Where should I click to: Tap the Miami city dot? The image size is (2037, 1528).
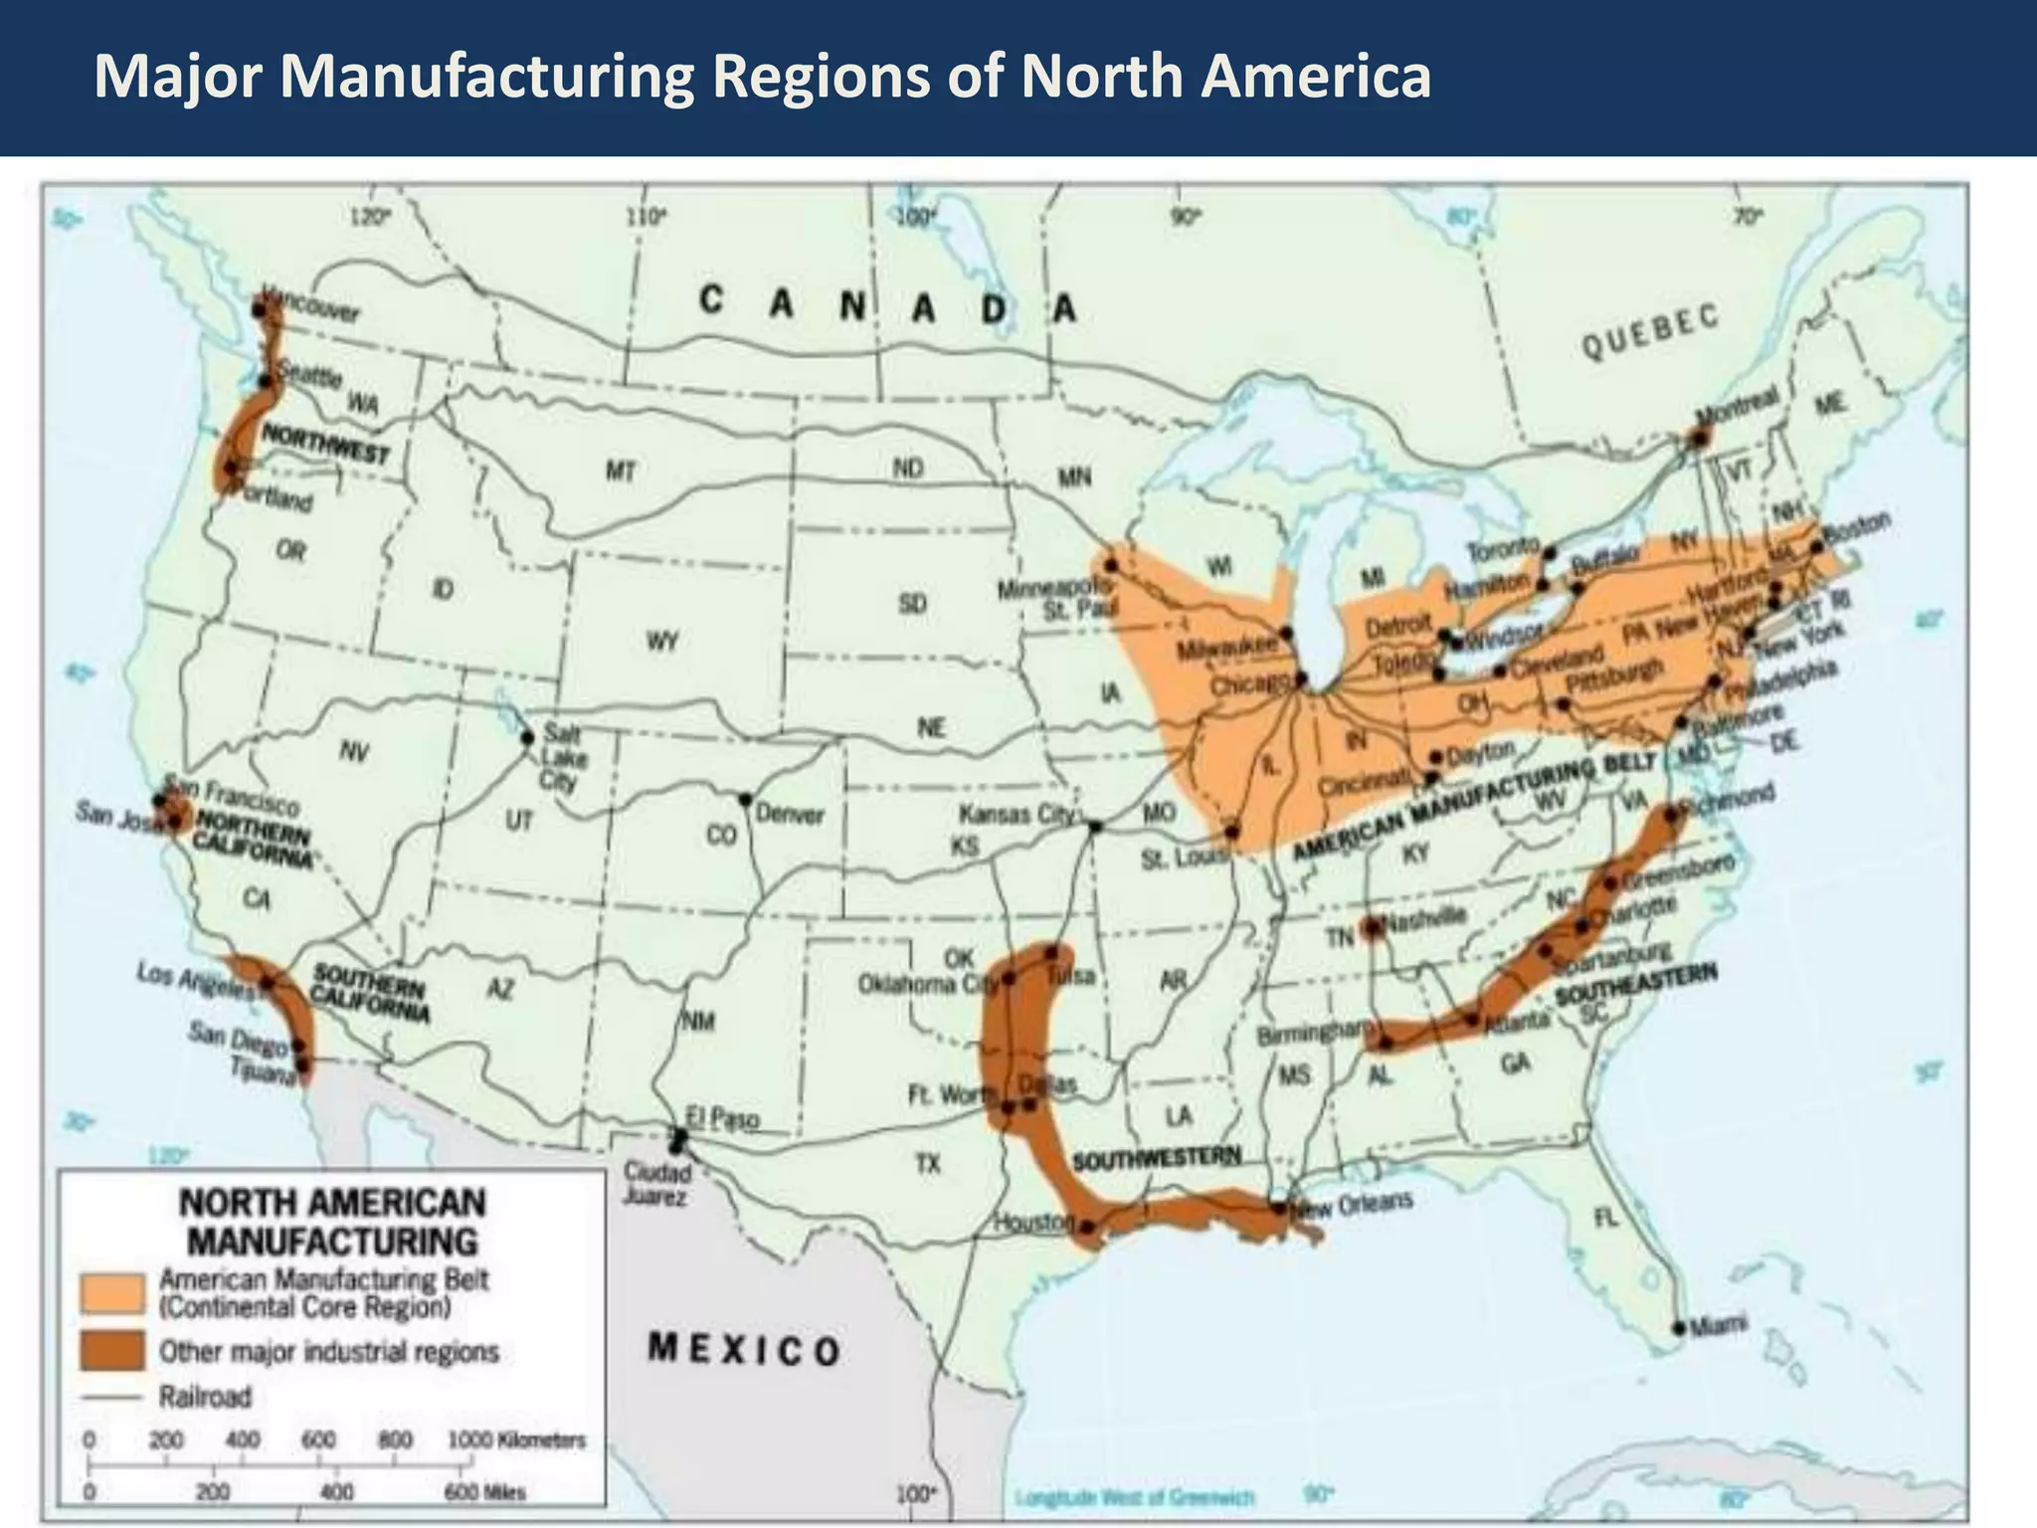[1679, 1328]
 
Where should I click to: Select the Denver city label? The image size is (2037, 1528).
[790, 815]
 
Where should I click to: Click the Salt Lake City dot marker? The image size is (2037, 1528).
[528, 737]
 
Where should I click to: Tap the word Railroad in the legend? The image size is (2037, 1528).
[205, 1398]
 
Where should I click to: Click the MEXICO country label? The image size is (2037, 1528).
[744, 1350]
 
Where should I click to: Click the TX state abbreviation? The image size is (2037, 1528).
[927, 1162]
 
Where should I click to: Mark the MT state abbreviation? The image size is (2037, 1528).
[621, 472]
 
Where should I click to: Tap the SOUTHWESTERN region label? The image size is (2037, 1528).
[1157, 1159]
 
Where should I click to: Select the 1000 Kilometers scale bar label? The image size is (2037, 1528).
[516, 1439]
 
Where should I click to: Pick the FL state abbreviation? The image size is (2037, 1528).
[1605, 1218]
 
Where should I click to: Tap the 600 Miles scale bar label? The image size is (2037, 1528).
[483, 1492]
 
